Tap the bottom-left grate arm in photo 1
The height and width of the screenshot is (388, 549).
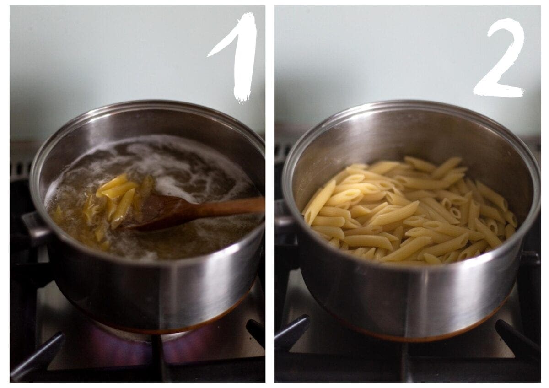(x=37, y=357)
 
